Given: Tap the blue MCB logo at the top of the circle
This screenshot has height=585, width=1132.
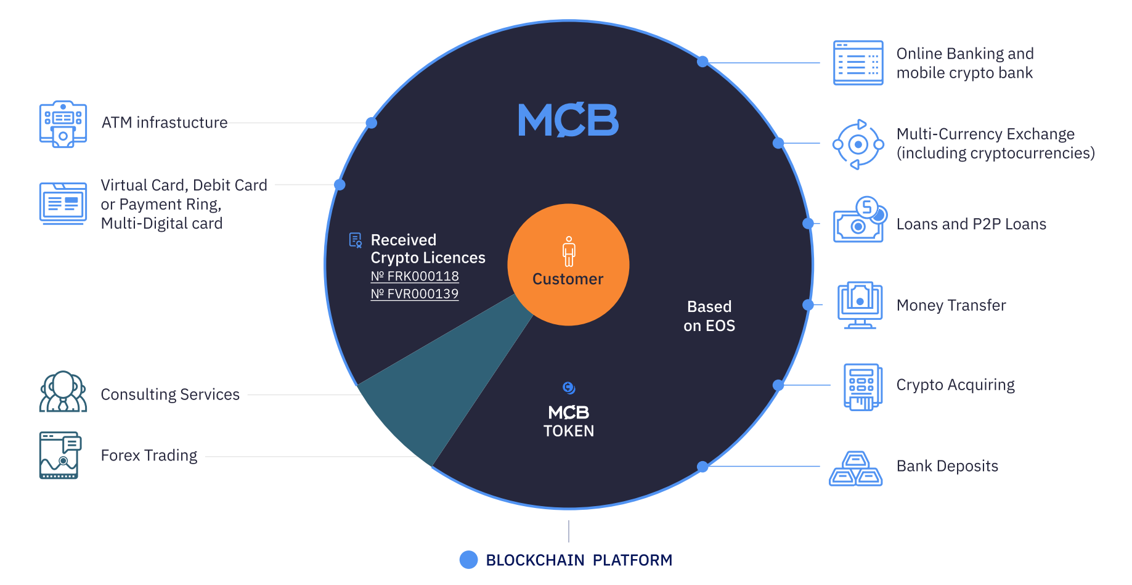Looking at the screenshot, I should point(568,120).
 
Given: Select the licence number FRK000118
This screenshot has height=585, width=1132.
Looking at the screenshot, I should point(415,276).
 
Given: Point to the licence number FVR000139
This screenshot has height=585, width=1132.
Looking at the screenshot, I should point(415,294).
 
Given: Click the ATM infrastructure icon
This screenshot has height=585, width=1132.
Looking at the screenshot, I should point(63,124).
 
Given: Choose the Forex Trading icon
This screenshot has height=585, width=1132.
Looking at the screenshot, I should point(60,456).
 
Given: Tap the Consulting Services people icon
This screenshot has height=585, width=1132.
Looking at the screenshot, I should point(63,392).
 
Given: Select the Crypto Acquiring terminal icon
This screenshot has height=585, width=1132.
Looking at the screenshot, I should point(862,387).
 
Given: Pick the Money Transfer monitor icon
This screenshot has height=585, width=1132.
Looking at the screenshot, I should point(860,305).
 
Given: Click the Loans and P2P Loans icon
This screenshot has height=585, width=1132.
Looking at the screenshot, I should point(860,221).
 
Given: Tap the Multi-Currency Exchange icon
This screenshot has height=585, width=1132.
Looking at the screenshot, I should point(858,145).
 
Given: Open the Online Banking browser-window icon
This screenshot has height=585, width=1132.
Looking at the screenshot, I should point(858,63).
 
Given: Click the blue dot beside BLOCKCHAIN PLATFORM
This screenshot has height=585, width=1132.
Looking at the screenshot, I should point(469,560).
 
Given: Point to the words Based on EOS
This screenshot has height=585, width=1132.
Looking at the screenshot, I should point(709,316).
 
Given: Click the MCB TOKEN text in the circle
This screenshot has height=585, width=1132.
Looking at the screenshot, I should point(568,421).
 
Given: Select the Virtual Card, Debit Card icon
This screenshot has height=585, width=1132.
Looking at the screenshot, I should point(63,203).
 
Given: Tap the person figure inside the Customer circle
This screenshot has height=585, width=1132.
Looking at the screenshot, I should point(569,252).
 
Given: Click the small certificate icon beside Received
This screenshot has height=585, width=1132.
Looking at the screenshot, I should point(356,240).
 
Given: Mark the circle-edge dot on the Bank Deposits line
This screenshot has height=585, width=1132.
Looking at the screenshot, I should point(702,467).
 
